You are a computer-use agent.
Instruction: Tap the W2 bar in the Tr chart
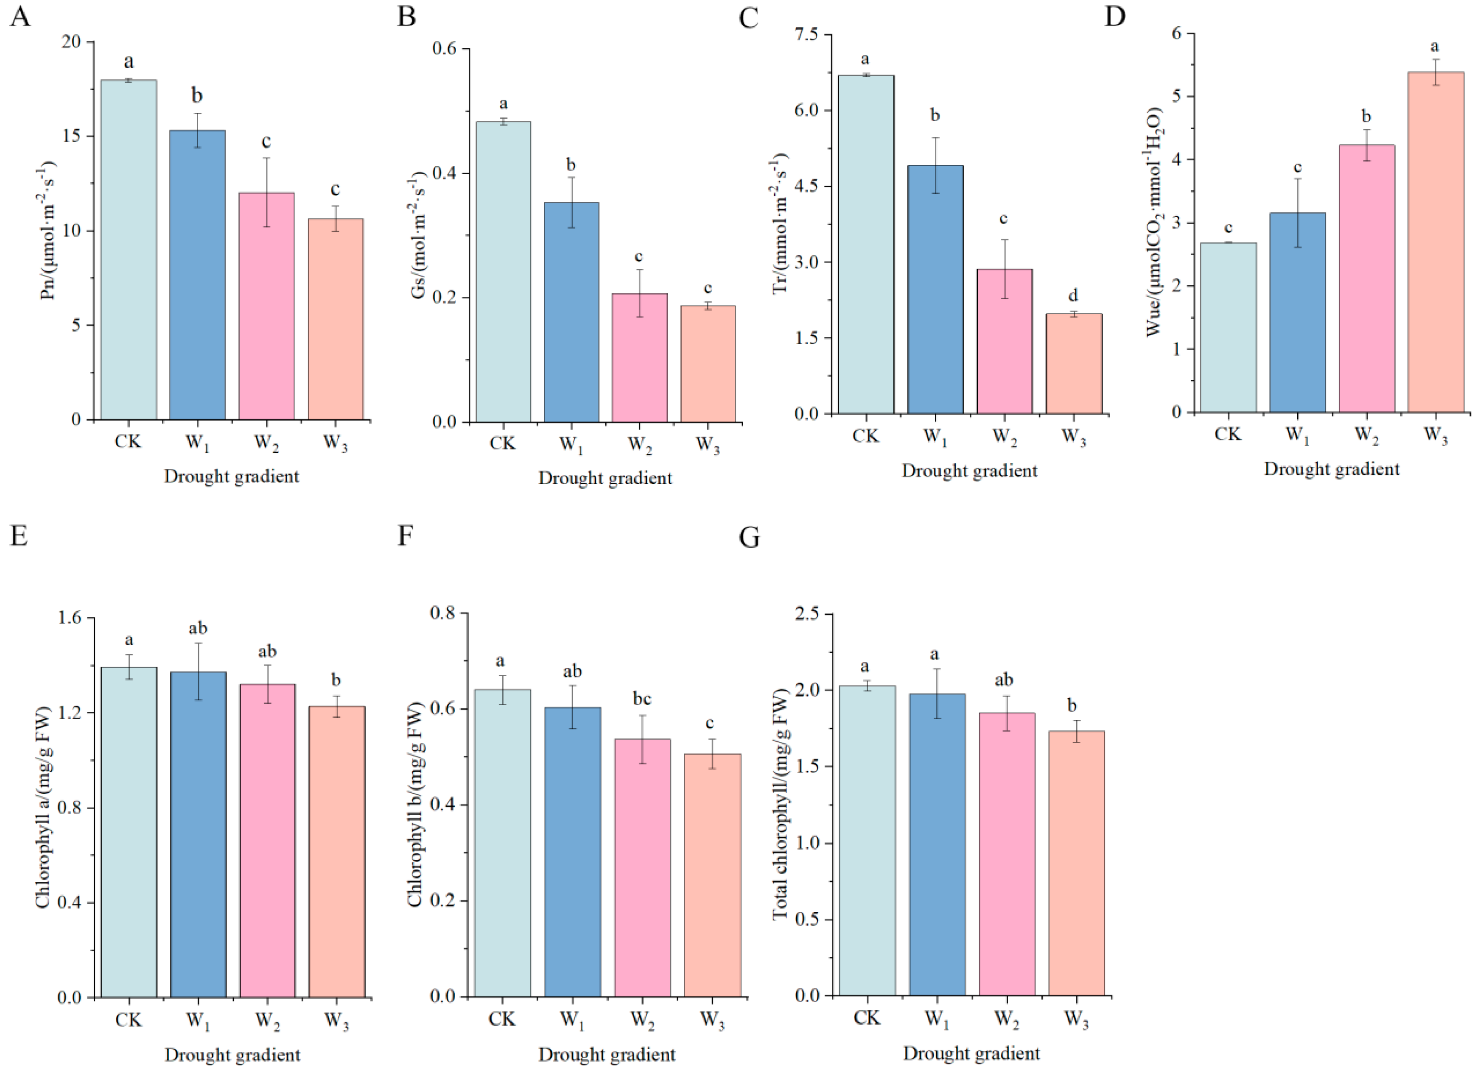click(1004, 341)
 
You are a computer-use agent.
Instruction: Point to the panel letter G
click(749, 538)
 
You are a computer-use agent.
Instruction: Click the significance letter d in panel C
click(1073, 296)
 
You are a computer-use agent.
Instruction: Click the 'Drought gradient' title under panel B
click(605, 479)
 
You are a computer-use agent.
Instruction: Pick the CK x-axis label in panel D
click(1227, 434)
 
